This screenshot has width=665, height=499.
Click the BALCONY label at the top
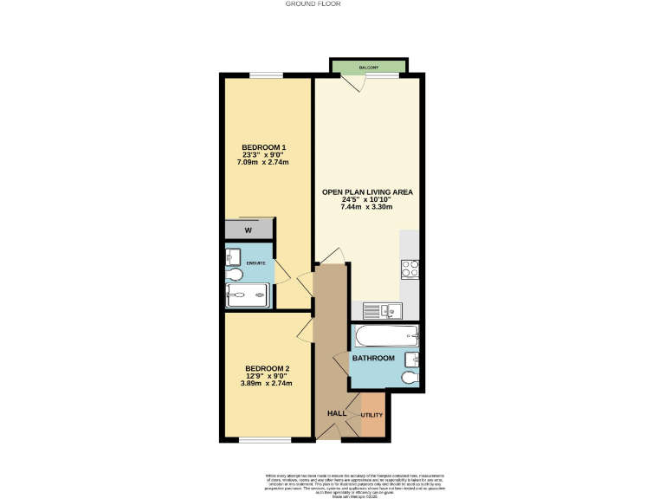[368, 67]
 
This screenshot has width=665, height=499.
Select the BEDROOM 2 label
[267, 369]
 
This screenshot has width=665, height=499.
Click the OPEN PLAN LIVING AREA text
[368, 191]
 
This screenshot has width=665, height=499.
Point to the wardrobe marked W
[249, 230]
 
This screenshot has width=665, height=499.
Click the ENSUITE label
[255, 262]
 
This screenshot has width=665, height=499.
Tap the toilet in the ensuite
[235, 275]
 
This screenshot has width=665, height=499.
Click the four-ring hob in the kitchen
[410, 269]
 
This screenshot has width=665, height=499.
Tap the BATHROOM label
[372, 358]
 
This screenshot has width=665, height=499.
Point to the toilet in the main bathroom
[409, 378]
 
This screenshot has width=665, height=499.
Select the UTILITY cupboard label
[371, 416]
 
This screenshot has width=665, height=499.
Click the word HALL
[337, 413]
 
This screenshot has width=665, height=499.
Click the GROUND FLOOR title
[313, 4]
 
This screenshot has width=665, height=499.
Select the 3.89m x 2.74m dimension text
[267, 384]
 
